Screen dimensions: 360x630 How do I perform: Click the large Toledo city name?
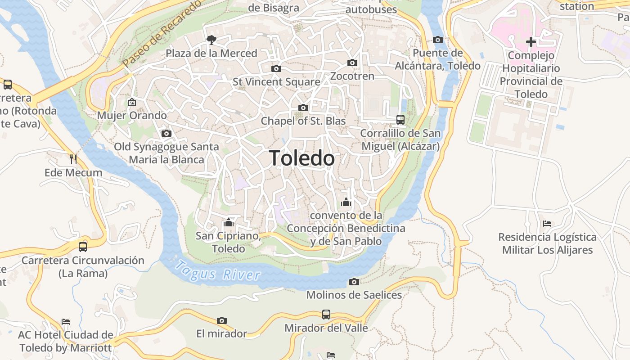pyautogui.click(x=302, y=158)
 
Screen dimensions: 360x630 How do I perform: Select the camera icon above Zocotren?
pyautogui.click(x=352, y=63)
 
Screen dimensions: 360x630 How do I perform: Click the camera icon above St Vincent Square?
pyautogui.click(x=276, y=68)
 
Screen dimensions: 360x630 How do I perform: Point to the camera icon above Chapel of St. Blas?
pyautogui.click(x=303, y=108)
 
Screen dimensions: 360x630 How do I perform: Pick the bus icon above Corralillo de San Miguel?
pyautogui.click(x=400, y=120)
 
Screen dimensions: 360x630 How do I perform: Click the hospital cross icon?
pyautogui.click(x=531, y=42)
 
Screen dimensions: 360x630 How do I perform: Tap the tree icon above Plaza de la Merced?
pyautogui.click(x=211, y=40)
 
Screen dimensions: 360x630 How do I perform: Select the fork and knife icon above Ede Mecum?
pyautogui.click(x=73, y=159)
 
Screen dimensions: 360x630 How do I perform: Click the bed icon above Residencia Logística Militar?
pyautogui.click(x=547, y=223)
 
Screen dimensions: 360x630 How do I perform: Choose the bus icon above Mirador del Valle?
pyautogui.click(x=326, y=315)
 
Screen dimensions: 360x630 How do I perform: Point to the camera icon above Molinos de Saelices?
pyautogui.click(x=354, y=282)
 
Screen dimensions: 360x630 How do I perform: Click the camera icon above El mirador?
pyautogui.click(x=221, y=320)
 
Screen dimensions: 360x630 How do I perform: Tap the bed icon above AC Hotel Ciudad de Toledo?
pyautogui.click(x=66, y=322)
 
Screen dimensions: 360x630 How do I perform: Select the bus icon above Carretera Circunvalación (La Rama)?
pyautogui.click(x=83, y=247)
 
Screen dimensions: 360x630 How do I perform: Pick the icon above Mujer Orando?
pyautogui.click(x=132, y=102)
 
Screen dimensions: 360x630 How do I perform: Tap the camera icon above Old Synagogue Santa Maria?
pyautogui.click(x=166, y=133)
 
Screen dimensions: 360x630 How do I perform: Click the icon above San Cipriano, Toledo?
pyautogui.click(x=229, y=223)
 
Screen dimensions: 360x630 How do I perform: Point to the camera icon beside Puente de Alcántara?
pyautogui.click(x=437, y=40)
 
